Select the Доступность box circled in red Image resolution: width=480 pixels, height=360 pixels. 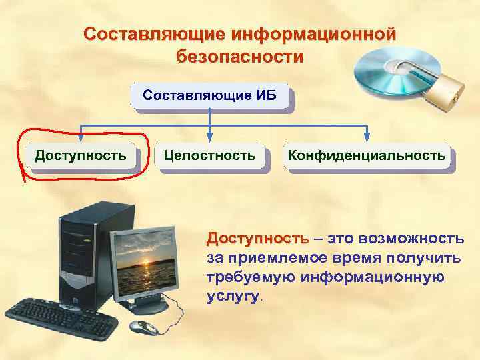pos(80,156)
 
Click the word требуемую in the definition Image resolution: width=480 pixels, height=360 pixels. pos(250,277)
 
